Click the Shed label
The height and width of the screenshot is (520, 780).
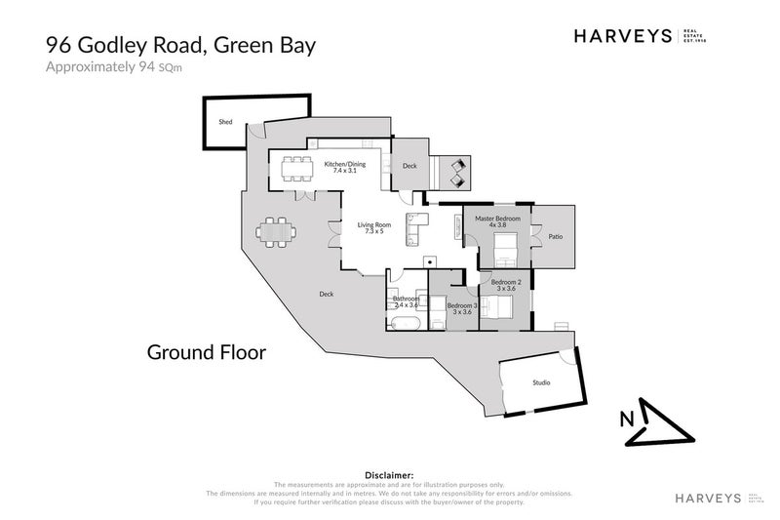point(225,122)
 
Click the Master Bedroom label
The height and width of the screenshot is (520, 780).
point(497,221)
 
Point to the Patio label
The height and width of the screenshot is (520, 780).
point(556,236)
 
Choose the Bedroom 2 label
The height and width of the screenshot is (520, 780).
point(506,285)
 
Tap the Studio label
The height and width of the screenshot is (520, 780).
point(541,383)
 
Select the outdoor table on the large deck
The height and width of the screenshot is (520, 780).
point(276,233)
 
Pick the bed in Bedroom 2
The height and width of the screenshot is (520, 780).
point(498,307)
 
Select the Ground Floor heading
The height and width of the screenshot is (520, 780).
point(206,351)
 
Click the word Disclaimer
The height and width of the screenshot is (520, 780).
point(389,474)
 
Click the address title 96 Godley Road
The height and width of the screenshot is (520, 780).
point(181,44)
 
